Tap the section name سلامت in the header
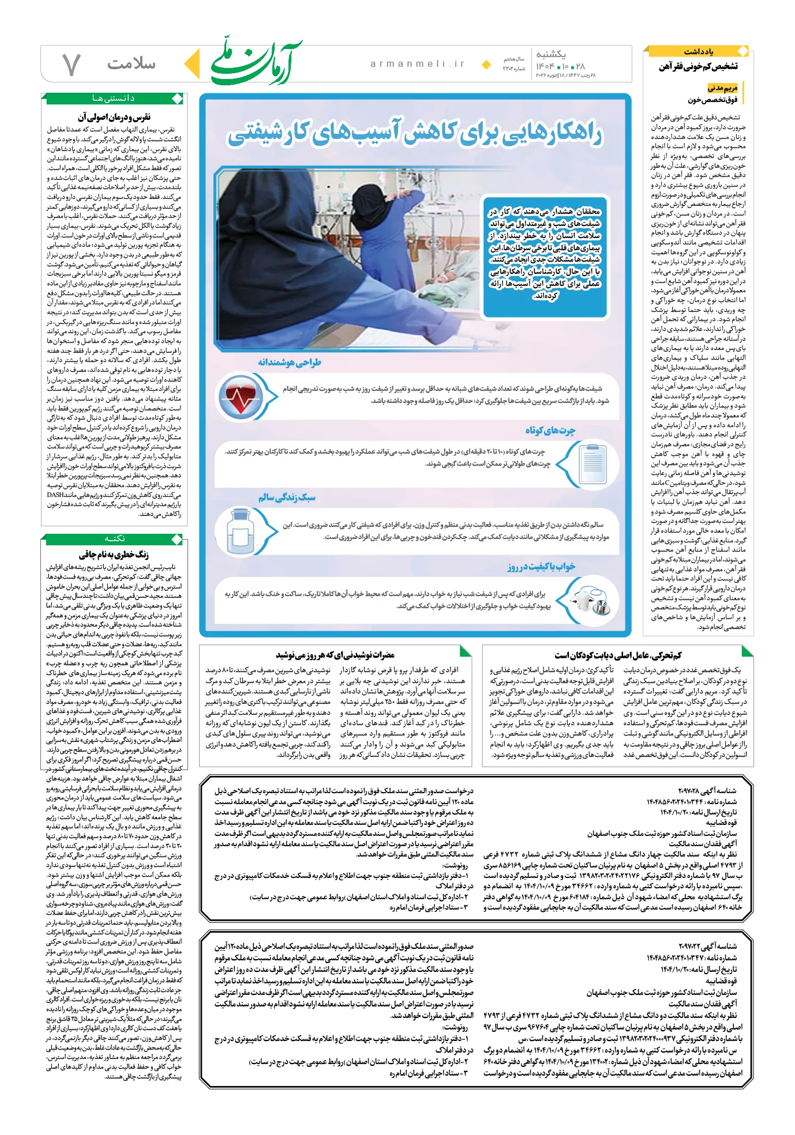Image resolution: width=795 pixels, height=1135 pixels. point(132,63)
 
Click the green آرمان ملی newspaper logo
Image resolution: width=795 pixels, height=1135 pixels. point(256,62)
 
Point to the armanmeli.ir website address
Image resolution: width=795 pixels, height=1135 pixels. point(418,64)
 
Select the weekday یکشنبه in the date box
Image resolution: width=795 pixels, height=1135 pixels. point(550,54)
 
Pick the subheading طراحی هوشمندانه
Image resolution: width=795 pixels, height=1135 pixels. point(290,362)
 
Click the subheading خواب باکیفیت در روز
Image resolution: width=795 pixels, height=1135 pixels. point(541,567)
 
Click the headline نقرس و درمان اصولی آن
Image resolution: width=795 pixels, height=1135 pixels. point(114,118)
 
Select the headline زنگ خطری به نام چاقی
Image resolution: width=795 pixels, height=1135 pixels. point(114,555)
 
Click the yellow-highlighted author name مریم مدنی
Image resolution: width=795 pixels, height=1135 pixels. point(722,88)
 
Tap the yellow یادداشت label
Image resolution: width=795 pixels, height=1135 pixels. point(699,52)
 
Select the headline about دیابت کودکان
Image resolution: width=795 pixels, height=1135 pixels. point(618,655)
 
